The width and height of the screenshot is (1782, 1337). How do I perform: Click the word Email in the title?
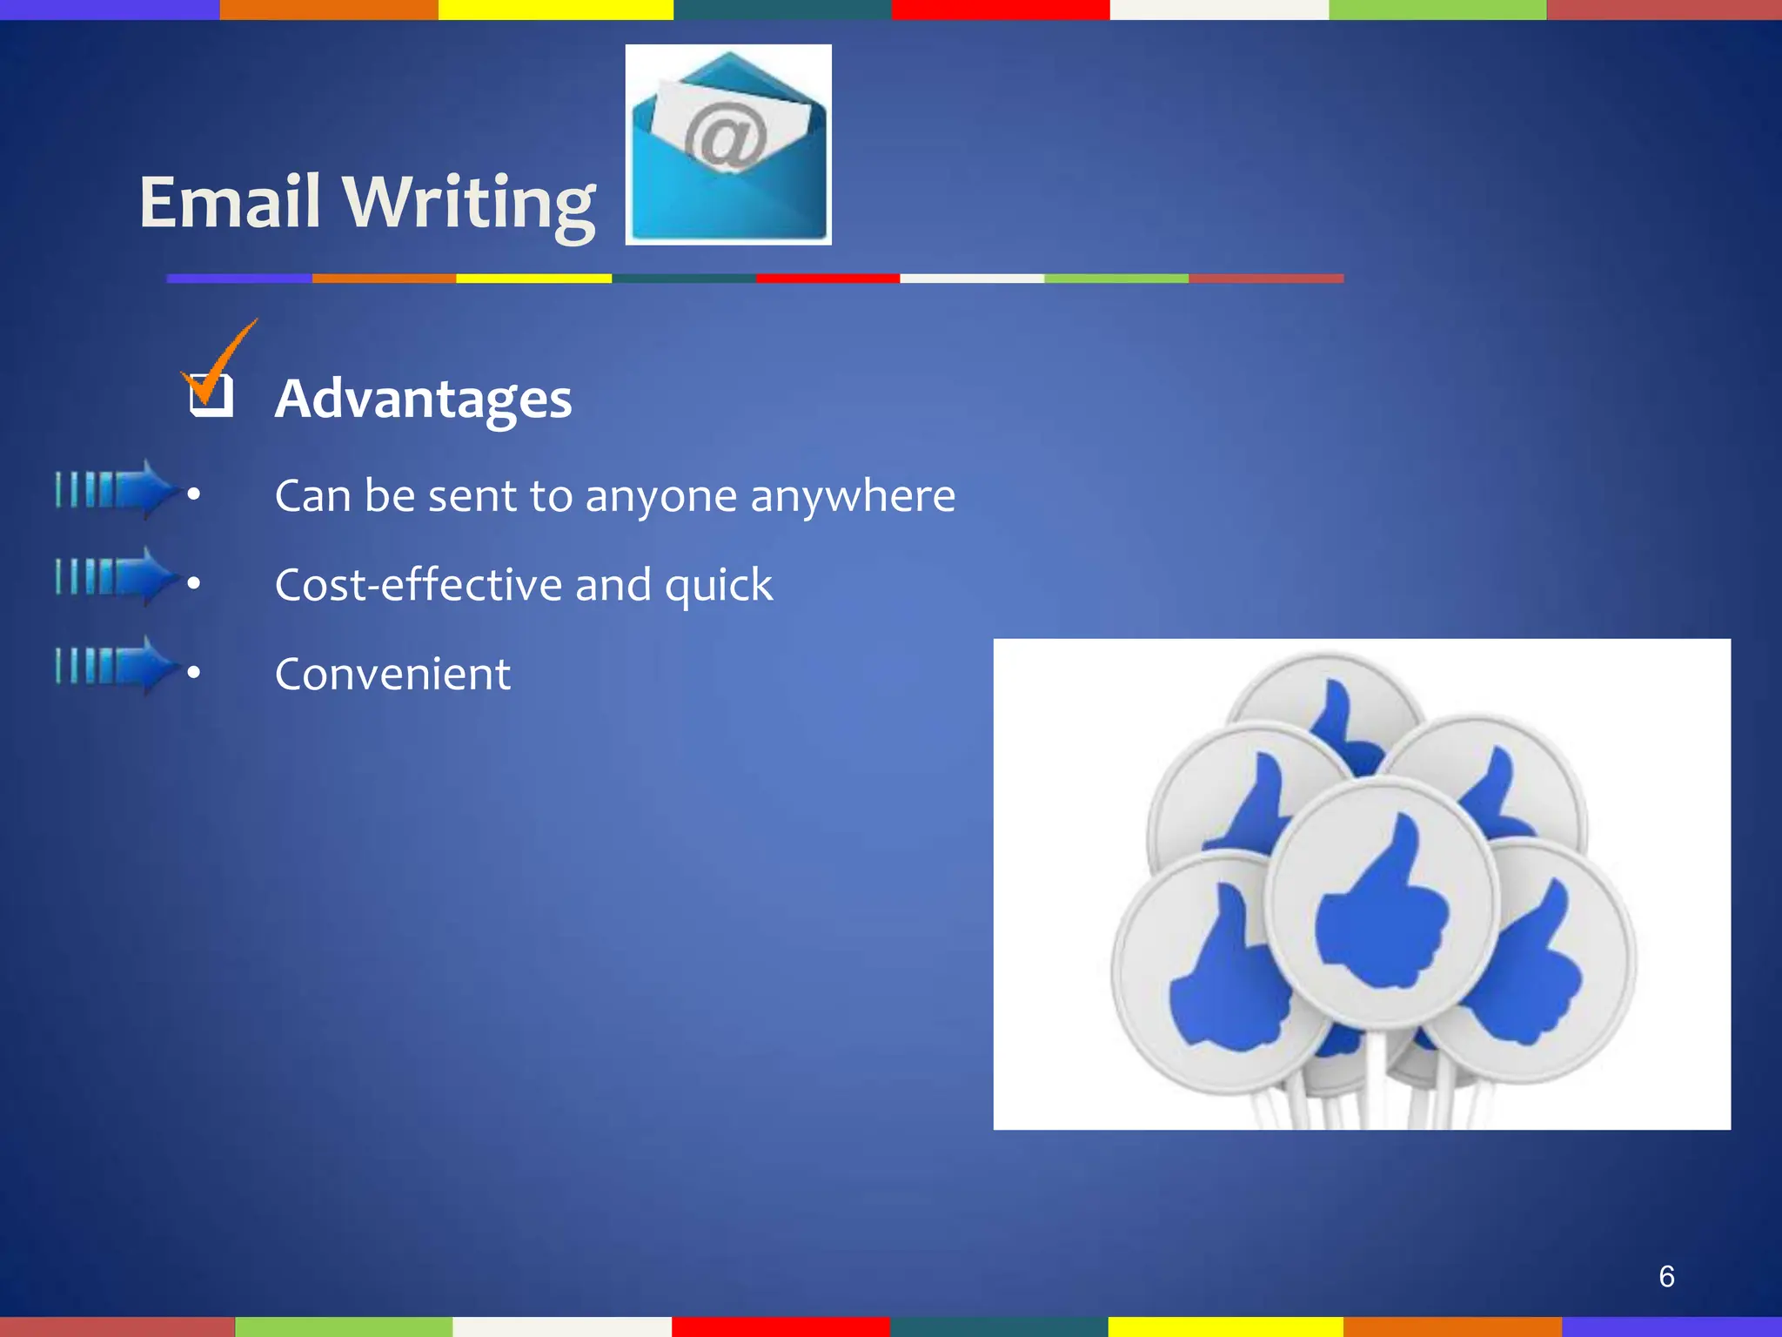[231, 202]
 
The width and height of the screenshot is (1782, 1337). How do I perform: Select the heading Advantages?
[423, 399]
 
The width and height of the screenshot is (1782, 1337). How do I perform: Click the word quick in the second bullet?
[719, 586]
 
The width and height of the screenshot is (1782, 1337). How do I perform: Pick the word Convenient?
[392, 674]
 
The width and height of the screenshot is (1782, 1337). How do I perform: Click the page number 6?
[1666, 1276]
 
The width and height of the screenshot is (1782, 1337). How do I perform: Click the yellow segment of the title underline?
[533, 279]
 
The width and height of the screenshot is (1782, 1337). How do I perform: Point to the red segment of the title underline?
[827, 279]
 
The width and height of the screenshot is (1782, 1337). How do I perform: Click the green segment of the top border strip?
[1437, 10]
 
